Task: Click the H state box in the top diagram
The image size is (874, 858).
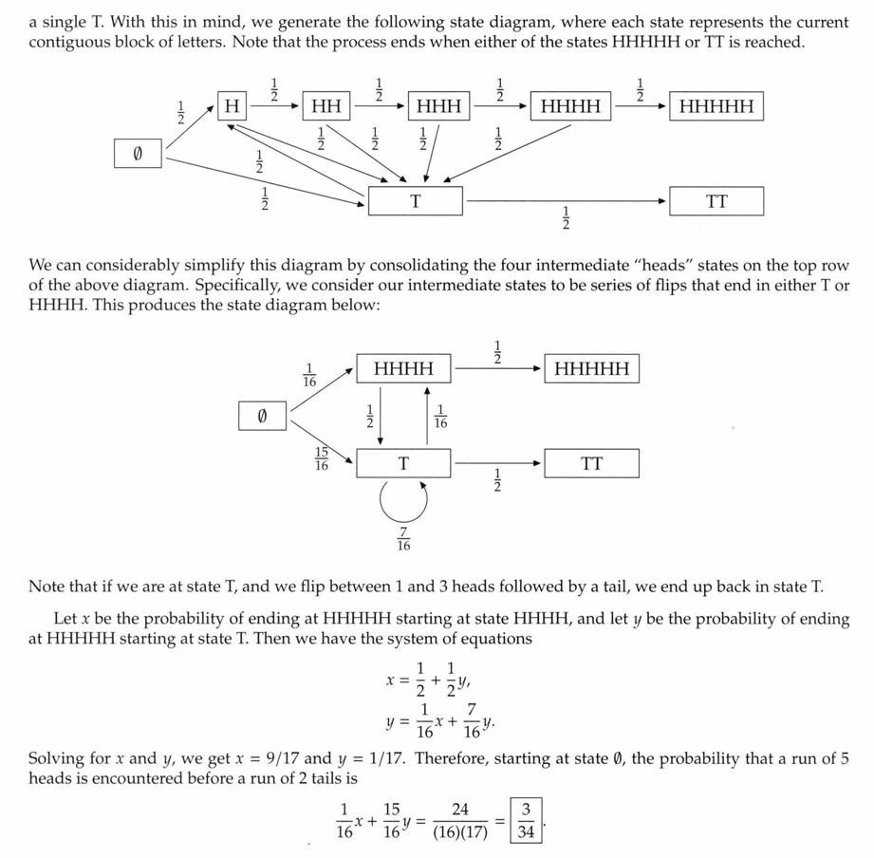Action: [230, 105]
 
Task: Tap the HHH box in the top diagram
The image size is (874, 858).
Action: [439, 105]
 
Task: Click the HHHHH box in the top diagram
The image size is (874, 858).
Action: [716, 105]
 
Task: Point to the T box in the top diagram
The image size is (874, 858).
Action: [415, 201]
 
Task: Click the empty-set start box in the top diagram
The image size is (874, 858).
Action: [137, 153]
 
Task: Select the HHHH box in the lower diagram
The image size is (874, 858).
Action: [404, 368]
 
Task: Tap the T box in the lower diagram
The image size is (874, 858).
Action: [404, 463]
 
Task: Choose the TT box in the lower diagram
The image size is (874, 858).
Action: [591, 463]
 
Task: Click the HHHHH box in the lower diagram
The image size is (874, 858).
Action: [591, 368]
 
